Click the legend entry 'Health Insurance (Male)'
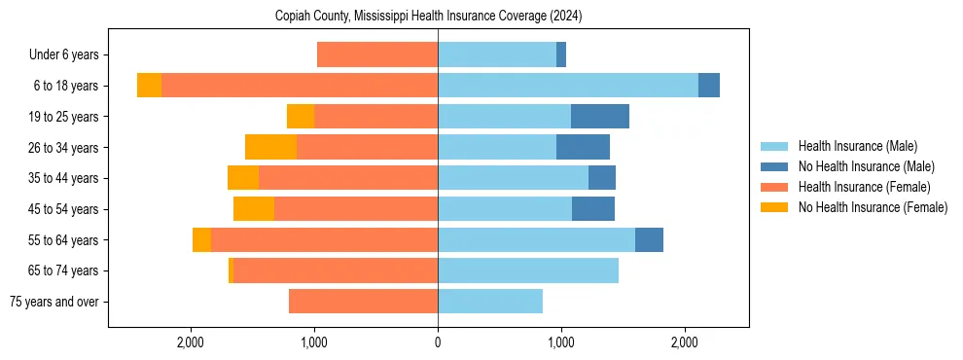tap(857, 146)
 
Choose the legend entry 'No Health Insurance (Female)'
tap(873, 207)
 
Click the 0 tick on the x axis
tap(438, 342)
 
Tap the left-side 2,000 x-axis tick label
tap(191, 342)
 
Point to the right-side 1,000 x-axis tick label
tap(561, 342)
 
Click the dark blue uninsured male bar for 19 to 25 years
tap(599, 117)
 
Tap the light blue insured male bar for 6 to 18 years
tap(568, 86)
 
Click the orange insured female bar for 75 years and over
tap(363, 302)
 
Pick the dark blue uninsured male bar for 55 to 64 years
tap(649, 239)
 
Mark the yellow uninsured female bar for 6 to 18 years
tap(149, 86)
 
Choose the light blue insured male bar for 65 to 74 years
tap(528, 270)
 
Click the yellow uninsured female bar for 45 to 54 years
tap(254, 209)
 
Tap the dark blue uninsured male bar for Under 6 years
tap(561, 54)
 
